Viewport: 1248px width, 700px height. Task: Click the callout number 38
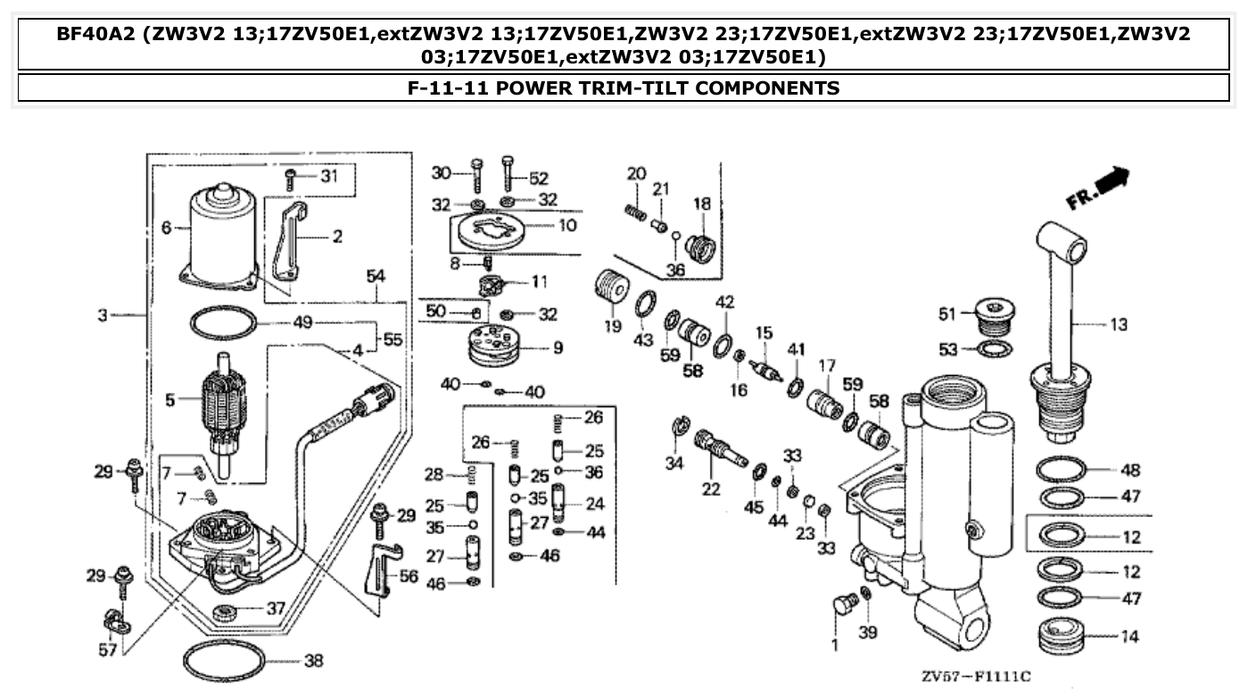312,662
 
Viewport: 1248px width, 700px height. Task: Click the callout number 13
1119,325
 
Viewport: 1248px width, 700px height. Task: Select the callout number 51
946,313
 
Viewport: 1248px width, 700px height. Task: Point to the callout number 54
376,278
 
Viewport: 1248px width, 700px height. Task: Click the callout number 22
710,488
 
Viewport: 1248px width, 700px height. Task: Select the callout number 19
613,326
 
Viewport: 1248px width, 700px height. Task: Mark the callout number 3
103,315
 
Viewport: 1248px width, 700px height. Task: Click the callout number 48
1131,470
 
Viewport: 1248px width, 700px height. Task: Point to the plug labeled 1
840,611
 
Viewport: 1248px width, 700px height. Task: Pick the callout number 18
702,204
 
